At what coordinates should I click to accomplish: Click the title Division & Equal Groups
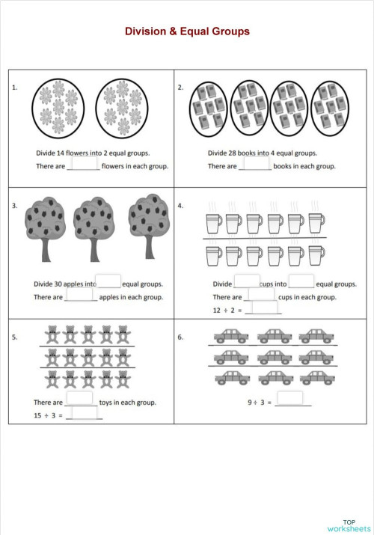(x=187, y=31)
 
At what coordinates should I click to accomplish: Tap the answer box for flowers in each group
(x=85, y=163)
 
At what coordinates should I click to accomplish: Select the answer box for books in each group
(x=257, y=163)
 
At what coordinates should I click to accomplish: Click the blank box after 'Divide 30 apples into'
(x=109, y=281)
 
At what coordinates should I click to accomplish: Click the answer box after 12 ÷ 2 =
(x=266, y=308)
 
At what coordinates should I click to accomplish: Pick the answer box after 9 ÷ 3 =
(x=292, y=399)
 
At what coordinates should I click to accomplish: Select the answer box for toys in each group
(x=81, y=399)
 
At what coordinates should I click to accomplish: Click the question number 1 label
(x=15, y=88)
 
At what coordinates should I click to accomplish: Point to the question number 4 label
(x=180, y=205)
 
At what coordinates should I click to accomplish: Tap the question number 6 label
(x=180, y=337)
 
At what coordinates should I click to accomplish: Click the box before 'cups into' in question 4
(x=247, y=281)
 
